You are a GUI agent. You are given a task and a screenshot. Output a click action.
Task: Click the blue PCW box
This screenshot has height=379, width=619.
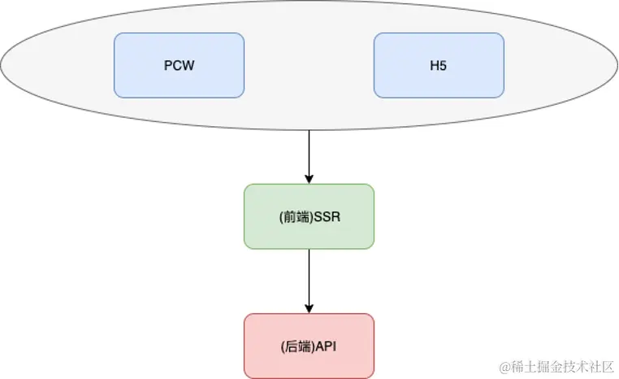179,65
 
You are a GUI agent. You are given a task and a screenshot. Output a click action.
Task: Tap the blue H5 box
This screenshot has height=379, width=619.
439,65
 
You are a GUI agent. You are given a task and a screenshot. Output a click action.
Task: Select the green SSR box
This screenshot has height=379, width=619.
309,216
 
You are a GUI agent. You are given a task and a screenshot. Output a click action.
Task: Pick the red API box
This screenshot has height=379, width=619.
309,346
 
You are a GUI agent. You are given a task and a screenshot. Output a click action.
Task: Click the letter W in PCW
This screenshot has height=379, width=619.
189,65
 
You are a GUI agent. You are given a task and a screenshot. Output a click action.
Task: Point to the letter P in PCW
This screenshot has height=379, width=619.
167,65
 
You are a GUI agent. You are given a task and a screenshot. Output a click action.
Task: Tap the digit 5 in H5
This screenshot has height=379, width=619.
443,65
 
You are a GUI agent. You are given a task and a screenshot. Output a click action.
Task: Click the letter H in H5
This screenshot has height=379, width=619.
435,65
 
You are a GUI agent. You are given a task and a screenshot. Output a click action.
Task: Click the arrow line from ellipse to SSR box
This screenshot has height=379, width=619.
309,155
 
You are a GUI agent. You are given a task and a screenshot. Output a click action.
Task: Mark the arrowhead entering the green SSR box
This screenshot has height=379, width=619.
309,179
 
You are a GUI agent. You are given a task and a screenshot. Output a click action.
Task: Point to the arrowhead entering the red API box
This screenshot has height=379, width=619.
309,308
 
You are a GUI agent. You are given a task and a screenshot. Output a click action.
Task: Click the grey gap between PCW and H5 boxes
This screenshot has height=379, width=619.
309,65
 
